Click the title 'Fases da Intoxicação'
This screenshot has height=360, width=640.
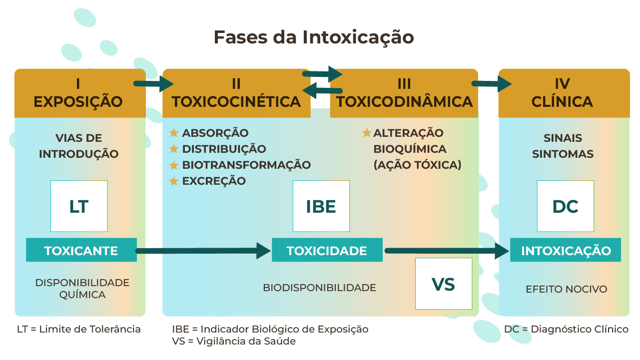pos(314,37)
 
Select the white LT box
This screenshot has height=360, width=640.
pos(79,206)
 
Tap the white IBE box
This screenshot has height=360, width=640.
pos(321,206)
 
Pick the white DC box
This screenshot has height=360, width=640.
pos(566,206)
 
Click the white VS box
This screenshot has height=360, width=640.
pos(444,284)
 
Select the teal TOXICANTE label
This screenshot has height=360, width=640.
pos(81,250)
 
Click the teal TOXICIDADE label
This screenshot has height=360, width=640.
pos(327,250)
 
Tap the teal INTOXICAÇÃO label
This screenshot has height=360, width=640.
pos(566,250)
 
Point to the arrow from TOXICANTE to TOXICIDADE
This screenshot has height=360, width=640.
pos(203,251)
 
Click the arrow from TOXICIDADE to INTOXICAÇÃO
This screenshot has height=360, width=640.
pos(447,251)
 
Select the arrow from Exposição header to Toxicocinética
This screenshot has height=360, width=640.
pos(154,84)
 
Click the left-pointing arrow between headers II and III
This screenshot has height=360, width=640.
pos(322,91)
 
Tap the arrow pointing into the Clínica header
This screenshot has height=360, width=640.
pos(492,84)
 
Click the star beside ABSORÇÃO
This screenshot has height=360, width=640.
pos(174,133)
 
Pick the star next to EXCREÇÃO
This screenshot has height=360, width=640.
pos(174,181)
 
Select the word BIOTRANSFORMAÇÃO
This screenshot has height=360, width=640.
pos(247,165)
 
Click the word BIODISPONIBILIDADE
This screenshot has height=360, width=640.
pos(319,288)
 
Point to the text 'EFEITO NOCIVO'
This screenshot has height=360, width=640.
pos(566,289)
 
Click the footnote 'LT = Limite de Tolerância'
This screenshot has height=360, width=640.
pos(79,329)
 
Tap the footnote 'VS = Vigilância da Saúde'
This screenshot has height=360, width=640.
pos(234,341)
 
